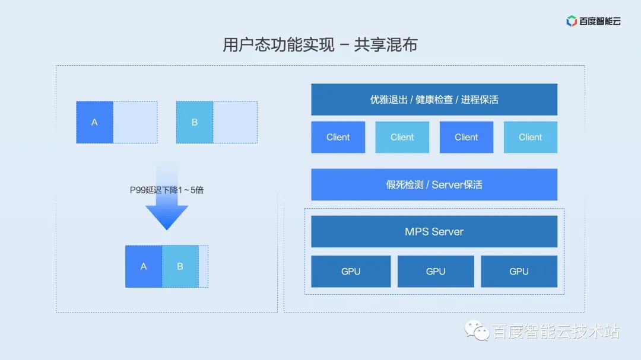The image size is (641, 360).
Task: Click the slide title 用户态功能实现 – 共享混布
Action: point(320,45)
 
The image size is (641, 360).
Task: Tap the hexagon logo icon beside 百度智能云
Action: point(572,21)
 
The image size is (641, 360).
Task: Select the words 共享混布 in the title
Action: point(385,45)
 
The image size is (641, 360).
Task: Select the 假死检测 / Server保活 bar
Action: point(434,184)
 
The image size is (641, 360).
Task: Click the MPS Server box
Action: point(434,231)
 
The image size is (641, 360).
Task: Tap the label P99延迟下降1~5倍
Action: point(167,190)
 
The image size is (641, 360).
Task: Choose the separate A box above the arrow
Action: point(94,122)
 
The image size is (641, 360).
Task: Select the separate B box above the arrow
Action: point(195,122)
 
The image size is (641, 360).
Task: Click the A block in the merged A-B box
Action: point(144,266)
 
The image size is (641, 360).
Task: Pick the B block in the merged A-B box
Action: point(180,266)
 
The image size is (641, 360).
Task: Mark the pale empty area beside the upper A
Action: point(135,122)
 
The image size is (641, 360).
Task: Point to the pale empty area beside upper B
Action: point(235,122)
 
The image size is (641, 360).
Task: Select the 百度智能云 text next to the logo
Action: point(600,21)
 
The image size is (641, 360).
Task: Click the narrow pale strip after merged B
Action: point(204,266)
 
